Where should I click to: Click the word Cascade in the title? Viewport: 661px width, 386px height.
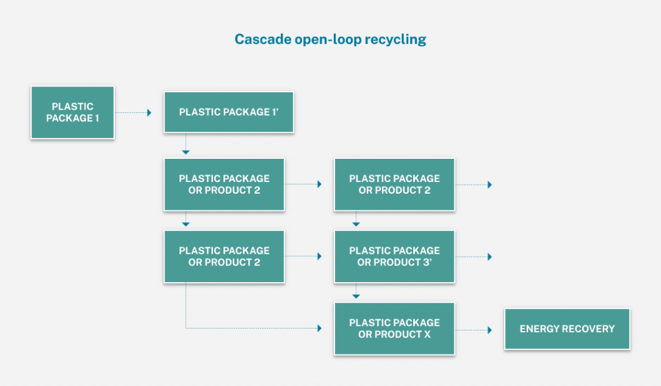(x=256, y=39)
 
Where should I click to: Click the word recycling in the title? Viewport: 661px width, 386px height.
(x=396, y=39)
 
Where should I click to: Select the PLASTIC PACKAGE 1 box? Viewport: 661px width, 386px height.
(x=73, y=112)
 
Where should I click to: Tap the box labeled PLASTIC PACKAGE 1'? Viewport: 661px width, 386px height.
(x=229, y=112)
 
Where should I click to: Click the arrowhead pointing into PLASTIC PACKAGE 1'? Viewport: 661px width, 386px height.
(x=149, y=112)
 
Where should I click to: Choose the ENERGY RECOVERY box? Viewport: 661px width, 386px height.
(x=567, y=329)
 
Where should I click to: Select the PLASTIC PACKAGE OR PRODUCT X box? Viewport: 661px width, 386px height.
(x=394, y=329)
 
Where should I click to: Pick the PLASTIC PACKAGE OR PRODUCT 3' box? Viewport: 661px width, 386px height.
(x=394, y=256)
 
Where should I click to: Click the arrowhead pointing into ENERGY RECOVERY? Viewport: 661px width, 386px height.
(x=490, y=329)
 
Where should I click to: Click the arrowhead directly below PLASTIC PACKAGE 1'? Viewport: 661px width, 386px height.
(x=186, y=152)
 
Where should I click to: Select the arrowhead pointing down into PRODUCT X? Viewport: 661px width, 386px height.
(x=356, y=296)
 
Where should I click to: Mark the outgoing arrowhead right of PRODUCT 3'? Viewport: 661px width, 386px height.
(x=490, y=257)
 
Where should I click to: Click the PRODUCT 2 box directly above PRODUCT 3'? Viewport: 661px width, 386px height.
(x=394, y=184)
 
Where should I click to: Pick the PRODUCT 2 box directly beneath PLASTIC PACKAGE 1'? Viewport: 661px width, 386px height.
(x=224, y=184)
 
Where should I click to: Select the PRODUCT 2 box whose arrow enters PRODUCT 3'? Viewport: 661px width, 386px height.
(x=224, y=256)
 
